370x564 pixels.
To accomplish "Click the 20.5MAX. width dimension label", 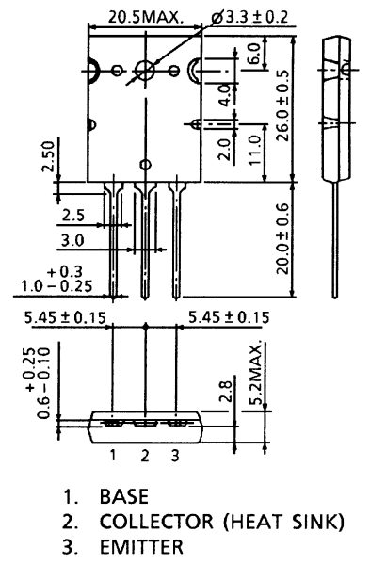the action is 146,17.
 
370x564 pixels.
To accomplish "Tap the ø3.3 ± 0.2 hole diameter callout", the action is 250,17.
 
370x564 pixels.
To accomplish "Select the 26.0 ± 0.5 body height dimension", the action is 283,105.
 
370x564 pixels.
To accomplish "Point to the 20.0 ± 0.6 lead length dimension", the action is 283,239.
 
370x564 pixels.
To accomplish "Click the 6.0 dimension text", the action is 253,54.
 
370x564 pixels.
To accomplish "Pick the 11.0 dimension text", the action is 254,150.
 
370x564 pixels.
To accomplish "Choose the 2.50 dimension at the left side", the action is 47,156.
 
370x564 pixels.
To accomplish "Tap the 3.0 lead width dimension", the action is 72,240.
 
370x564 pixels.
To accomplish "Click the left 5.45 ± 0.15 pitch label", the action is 65,317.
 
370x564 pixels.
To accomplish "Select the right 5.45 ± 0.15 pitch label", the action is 229,317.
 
